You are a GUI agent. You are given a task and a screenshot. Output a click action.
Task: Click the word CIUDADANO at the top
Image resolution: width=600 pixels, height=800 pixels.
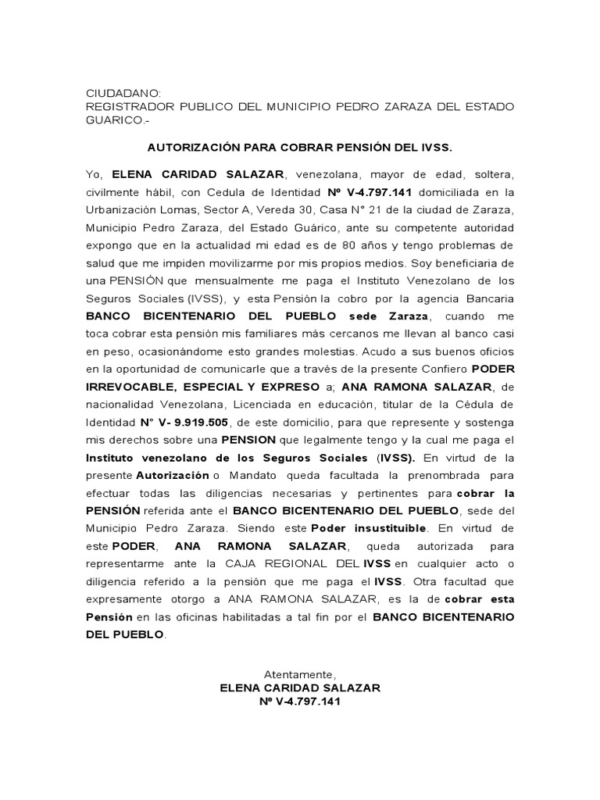tap(121, 92)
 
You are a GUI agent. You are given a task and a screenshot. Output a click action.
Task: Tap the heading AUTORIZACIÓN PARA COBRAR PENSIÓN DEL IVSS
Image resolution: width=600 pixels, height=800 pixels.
tap(299, 146)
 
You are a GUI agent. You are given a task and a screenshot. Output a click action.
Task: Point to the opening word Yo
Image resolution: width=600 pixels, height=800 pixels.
tap(94, 173)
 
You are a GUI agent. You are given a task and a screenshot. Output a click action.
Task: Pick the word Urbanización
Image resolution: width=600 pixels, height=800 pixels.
tap(123, 210)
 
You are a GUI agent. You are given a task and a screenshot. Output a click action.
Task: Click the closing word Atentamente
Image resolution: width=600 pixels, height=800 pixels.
tap(300, 673)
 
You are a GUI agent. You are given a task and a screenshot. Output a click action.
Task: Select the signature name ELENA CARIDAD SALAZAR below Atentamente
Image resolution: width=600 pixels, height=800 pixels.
tap(300, 687)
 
